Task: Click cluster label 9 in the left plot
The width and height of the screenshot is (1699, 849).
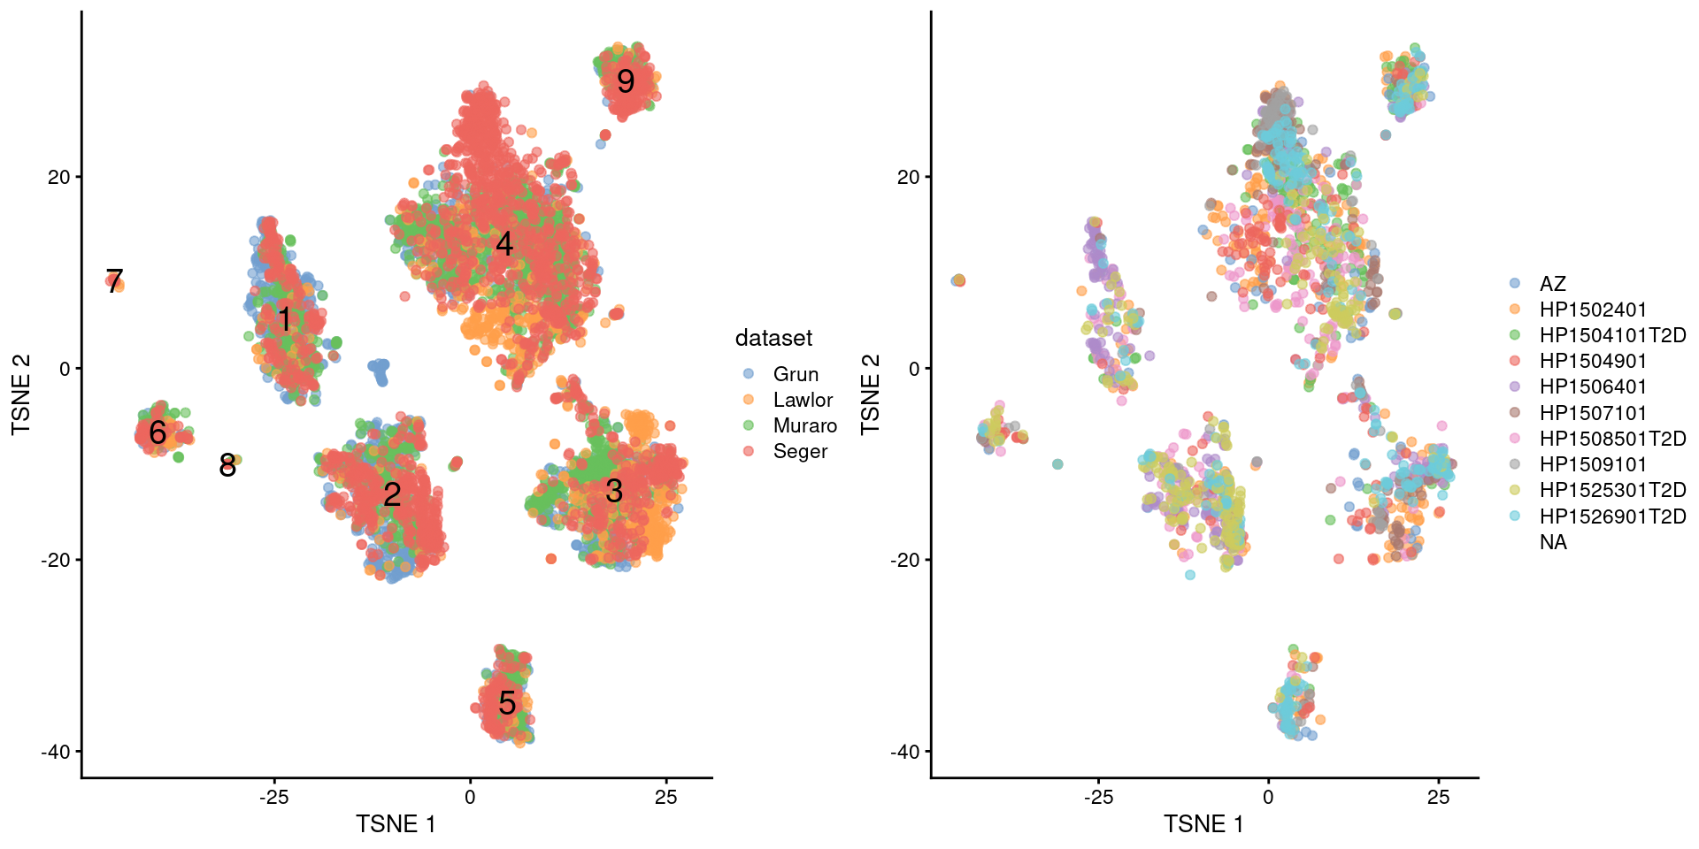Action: point(626,81)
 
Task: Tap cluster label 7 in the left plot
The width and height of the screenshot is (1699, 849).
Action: point(114,280)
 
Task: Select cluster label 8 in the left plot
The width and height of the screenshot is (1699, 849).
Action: point(227,465)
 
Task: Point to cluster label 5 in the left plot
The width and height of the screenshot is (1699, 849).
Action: point(507,703)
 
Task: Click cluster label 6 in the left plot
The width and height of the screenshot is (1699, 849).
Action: point(158,432)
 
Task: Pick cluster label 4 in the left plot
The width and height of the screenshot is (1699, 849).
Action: point(504,244)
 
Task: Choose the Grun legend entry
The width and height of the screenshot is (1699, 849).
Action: point(795,374)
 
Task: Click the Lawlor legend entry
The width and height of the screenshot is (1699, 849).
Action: point(802,400)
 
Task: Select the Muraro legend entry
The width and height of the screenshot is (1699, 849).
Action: point(803,425)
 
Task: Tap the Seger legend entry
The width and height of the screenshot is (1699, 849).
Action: point(799,451)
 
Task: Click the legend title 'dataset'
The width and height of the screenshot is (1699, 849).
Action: point(773,338)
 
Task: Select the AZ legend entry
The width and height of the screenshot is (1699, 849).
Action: point(1552,284)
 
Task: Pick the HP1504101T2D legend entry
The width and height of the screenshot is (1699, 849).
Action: point(1611,335)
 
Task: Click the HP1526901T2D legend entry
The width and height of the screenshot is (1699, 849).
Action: point(1611,516)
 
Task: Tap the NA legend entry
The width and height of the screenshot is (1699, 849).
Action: point(1553,542)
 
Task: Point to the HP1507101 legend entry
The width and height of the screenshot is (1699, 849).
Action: point(1592,413)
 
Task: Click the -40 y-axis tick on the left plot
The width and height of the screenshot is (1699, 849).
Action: point(56,752)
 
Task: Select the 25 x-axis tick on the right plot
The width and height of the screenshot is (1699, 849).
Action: point(1438,797)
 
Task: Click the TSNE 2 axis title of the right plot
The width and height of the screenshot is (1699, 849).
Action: point(871,394)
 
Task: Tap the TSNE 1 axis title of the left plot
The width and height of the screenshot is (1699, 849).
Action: point(396,824)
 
